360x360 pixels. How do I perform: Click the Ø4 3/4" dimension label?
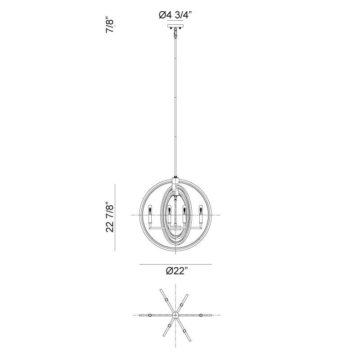175,15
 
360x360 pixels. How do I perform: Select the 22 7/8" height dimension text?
110,217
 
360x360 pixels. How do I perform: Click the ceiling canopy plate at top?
175,26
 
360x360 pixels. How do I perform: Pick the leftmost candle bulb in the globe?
150,210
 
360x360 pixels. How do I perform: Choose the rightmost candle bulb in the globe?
201,210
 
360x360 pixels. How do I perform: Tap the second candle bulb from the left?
169,210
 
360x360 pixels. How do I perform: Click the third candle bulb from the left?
184,210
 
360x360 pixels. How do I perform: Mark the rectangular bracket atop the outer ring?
175,184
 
